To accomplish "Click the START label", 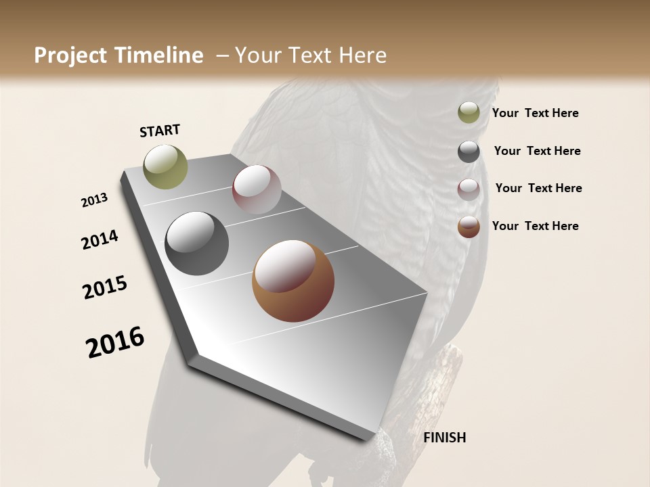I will pyautogui.click(x=160, y=131).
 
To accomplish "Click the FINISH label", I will pyautogui.click(x=444, y=438).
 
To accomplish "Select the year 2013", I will pyautogui.click(x=95, y=201).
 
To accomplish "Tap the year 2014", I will pyautogui.click(x=100, y=239).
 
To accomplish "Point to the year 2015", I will pyautogui.click(x=105, y=287).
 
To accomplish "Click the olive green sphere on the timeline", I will pyautogui.click(x=165, y=166).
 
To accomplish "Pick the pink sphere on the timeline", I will pyautogui.click(x=257, y=189).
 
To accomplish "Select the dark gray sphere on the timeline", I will pyautogui.click(x=196, y=243).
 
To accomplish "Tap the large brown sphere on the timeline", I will pyautogui.click(x=292, y=281).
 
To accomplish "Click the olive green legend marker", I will pyautogui.click(x=469, y=113).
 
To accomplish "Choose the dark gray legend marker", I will pyautogui.click(x=469, y=152).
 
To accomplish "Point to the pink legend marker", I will pyautogui.click(x=469, y=189).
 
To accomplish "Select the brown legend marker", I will pyautogui.click(x=469, y=227).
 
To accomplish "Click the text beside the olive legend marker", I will pyautogui.click(x=535, y=113).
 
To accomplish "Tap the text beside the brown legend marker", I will pyautogui.click(x=535, y=226).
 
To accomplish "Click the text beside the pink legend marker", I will pyautogui.click(x=538, y=188).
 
